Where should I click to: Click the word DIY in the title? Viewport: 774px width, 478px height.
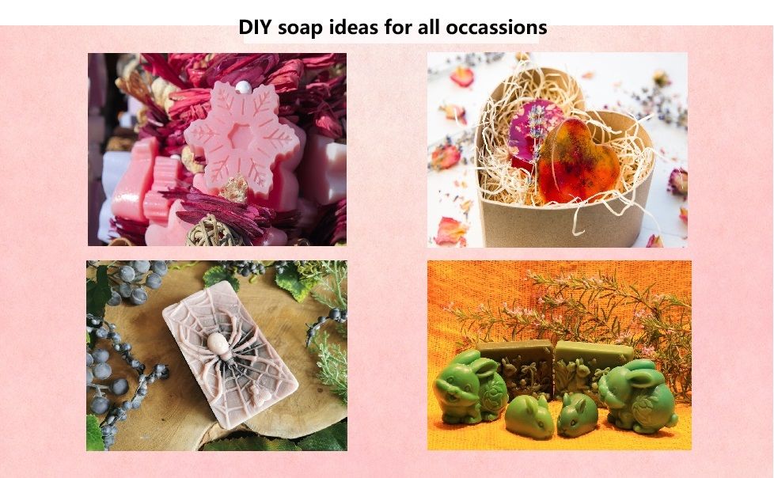coord(255,27)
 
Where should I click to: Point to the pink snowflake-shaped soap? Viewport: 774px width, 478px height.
coord(242,137)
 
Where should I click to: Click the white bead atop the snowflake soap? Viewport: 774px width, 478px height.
coord(242,87)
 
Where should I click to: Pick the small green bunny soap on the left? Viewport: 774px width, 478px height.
coord(529,417)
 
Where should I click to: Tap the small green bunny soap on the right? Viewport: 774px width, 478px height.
coord(577,415)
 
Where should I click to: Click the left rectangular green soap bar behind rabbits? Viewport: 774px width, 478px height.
coord(516,366)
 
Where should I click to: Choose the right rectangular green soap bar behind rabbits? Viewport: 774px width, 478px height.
coord(592,366)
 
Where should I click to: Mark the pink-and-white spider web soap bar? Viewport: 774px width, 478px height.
coord(230,355)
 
